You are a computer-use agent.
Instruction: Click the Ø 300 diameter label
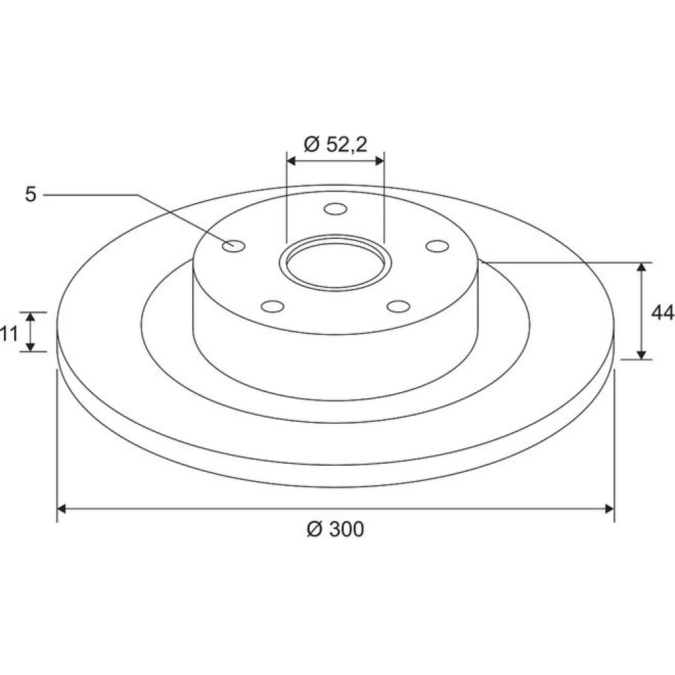click(335, 529)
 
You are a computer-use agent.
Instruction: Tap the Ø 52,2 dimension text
click(335, 144)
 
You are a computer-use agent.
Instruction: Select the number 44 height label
click(663, 313)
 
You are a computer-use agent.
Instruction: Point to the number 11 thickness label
click(9, 333)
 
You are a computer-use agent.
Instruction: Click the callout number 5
click(30, 194)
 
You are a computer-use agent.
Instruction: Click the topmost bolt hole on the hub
click(335, 209)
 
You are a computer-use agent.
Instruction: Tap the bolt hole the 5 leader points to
click(234, 246)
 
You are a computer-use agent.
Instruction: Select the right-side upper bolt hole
click(437, 246)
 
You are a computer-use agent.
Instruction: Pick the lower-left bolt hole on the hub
click(273, 306)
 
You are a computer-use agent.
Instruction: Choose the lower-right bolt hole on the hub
click(398, 306)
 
